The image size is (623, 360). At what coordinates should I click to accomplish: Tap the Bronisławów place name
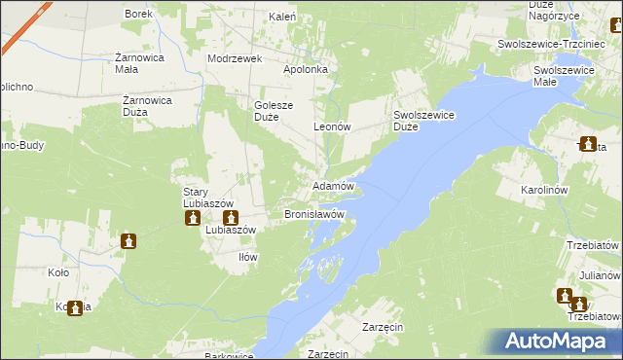coord(314,213)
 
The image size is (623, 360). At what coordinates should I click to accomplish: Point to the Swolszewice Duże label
coord(419,121)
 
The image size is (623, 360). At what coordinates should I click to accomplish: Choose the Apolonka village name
coord(310,71)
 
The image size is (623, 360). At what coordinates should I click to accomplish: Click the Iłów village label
coord(248,257)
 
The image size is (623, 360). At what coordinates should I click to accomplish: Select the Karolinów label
coord(571,191)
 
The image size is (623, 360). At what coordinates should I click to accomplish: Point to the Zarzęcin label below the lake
coord(382,328)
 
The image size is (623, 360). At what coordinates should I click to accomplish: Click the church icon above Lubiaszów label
coord(230,218)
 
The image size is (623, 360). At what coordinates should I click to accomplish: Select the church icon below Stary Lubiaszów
coord(194,218)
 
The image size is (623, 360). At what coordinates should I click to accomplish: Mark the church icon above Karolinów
coord(588,145)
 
